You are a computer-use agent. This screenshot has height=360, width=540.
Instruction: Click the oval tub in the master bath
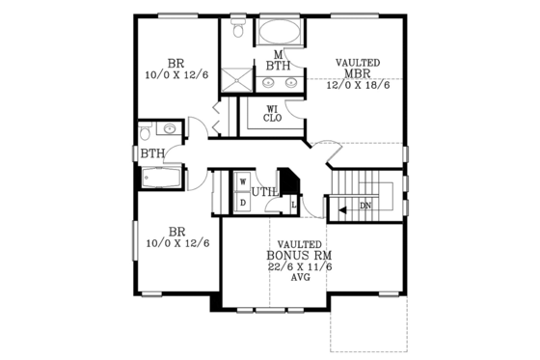[281, 32]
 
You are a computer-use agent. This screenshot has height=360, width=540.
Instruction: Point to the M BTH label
[278, 60]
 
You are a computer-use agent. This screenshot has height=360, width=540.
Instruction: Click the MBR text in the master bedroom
[358, 73]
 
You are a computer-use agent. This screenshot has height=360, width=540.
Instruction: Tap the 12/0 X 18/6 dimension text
[358, 85]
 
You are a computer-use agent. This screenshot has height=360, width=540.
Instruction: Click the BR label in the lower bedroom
[176, 232]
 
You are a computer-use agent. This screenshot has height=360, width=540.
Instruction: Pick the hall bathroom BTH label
[151, 153]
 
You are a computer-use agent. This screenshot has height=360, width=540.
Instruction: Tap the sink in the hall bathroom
[170, 128]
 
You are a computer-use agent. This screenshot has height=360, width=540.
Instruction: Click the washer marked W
[243, 180]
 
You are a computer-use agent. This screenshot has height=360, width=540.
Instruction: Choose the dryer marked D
[243, 202]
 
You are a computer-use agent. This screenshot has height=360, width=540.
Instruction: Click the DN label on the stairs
[365, 207]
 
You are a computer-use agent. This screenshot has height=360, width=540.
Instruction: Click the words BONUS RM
[299, 256]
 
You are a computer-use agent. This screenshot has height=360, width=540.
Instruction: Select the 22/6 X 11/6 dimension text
[299, 267]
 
